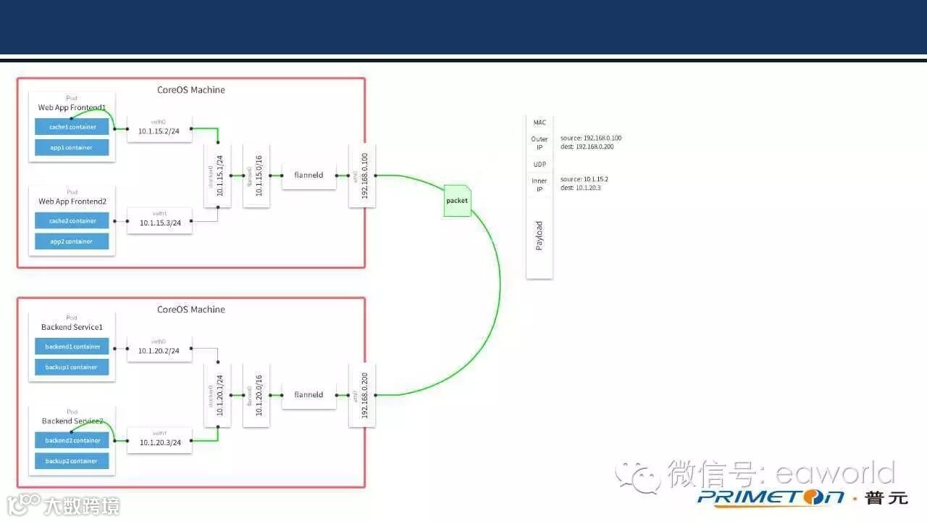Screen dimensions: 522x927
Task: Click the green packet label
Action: coord(457,201)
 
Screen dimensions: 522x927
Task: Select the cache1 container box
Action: coord(72,127)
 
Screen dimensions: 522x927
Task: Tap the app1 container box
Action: coord(72,148)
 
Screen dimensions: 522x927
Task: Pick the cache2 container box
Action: coord(72,220)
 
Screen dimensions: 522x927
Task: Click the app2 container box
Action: coord(72,241)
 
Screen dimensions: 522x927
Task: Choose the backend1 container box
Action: coord(72,347)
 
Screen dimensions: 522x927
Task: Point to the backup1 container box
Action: coord(72,367)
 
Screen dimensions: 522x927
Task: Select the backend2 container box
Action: coord(72,440)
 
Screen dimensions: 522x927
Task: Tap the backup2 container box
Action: coord(72,461)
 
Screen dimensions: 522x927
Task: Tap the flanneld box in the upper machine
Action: coord(309,175)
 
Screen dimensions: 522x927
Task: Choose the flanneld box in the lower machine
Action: coord(309,395)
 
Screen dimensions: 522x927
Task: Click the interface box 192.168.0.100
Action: coord(362,175)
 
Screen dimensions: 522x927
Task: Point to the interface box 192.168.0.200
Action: coord(362,395)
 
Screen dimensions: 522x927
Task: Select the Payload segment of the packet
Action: coord(540,236)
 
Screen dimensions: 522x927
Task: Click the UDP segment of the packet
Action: coord(540,165)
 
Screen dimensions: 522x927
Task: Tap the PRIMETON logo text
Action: coord(771,497)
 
